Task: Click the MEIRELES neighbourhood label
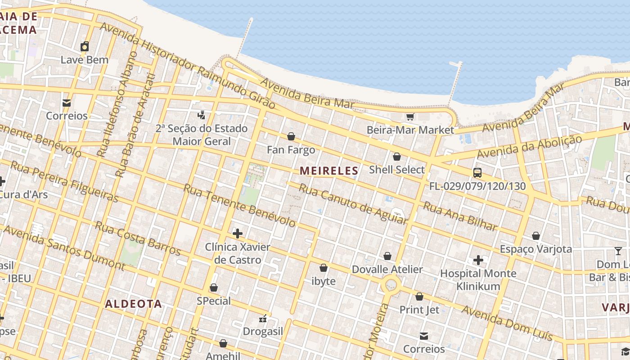click(329, 171)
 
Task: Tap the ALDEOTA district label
click(133, 304)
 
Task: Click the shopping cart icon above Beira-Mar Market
click(410, 117)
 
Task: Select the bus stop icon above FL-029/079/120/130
click(477, 172)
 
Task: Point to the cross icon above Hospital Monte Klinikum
click(478, 260)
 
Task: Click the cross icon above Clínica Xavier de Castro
click(237, 234)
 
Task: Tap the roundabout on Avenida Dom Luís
click(390, 285)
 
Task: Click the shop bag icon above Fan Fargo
click(291, 136)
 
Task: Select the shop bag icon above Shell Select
click(396, 157)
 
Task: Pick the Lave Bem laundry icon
click(85, 46)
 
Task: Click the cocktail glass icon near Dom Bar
click(618, 251)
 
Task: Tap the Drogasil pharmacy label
click(263, 332)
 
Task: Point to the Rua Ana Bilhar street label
click(460, 216)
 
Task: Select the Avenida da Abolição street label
click(529, 147)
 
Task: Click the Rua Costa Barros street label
click(138, 238)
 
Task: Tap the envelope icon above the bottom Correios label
click(423, 336)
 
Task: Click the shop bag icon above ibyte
click(323, 268)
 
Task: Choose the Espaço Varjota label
click(535, 249)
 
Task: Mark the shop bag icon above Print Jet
click(419, 297)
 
